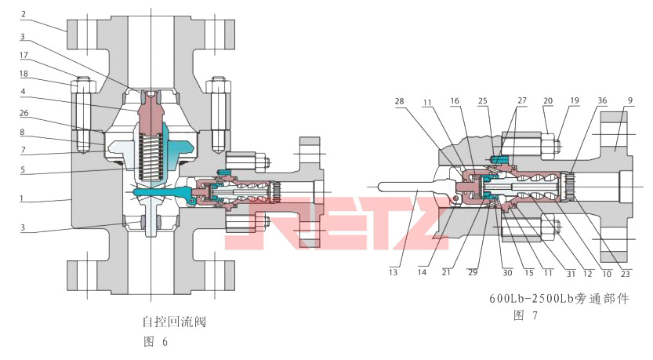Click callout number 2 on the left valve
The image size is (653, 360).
[x=24, y=14]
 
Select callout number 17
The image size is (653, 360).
[x=24, y=55]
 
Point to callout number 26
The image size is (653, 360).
[x=24, y=113]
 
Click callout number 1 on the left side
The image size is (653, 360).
[x=24, y=198]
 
